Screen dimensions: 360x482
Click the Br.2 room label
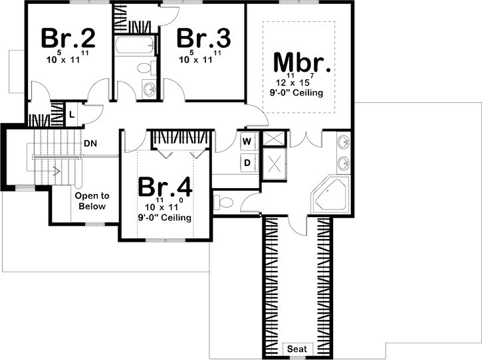pyautogui.click(x=68, y=38)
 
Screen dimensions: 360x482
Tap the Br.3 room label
pyautogui.click(x=203, y=38)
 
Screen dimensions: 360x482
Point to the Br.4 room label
pyautogui.click(x=165, y=187)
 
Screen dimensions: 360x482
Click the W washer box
pyautogui.click(x=246, y=141)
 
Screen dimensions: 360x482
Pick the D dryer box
pyautogui.click(x=246, y=161)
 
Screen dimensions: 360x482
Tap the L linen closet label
pyautogui.click(x=72, y=114)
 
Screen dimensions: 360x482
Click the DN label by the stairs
pyautogui.click(x=91, y=143)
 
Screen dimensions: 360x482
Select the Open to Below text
pyautogui.click(x=92, y=201)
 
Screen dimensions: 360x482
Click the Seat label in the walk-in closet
pyautogui.click(x=296, y=349)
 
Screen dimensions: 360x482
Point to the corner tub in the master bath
pyautogui.click(x=331, y=195)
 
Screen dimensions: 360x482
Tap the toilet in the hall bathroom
pyautogui.click(x=146, y=67)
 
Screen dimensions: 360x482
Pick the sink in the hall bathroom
pyautogui.click(x=149, y=90)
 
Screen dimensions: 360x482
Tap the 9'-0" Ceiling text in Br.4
pyautogui.click(x=165, y=217)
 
